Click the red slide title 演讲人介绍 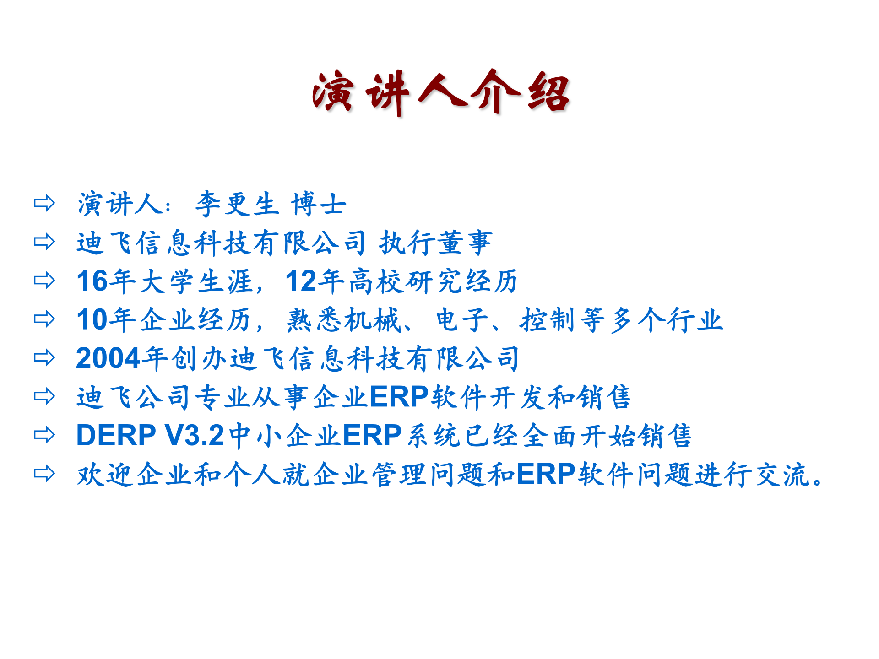(x=440, y=92)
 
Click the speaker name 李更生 (x=237, y=204)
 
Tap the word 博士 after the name (x=319, y=204)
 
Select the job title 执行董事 (x=435, y=243)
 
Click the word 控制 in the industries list (x=547, y=319)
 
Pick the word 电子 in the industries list (x=462, y=319)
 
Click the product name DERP (x=116, y=435)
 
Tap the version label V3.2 (x=194, y=435)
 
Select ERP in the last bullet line (x=546, y=474)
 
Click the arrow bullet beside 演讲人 (x=44, y=203)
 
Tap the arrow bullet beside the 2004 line (x=44, y=357)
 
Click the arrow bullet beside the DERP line (x=44, y=435)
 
